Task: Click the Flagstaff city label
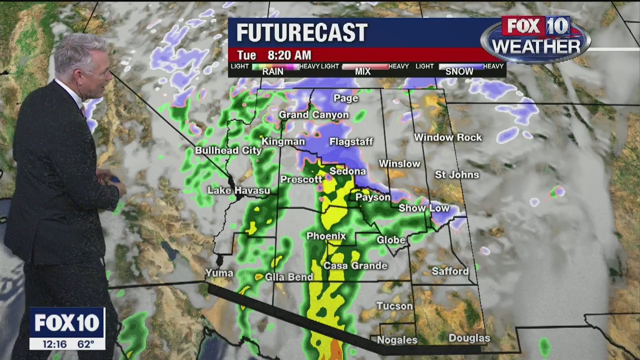point(351,142)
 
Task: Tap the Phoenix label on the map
point(326,236)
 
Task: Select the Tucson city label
point(394,306)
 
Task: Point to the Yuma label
point(219,273)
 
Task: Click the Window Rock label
point(447,137)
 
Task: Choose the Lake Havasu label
point(238,190)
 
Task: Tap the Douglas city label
point(469,338)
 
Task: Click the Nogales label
point(397,340)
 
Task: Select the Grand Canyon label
point(313,115)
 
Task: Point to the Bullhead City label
point(228,150)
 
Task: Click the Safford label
point(450,271)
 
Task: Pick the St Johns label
point(456,175)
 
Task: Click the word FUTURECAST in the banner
point(301,33)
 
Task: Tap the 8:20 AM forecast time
point(289,55)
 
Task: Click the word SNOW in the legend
point(459,71)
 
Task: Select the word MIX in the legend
point(362,71)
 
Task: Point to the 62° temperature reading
point(86,344)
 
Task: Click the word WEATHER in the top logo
point(535,46)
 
